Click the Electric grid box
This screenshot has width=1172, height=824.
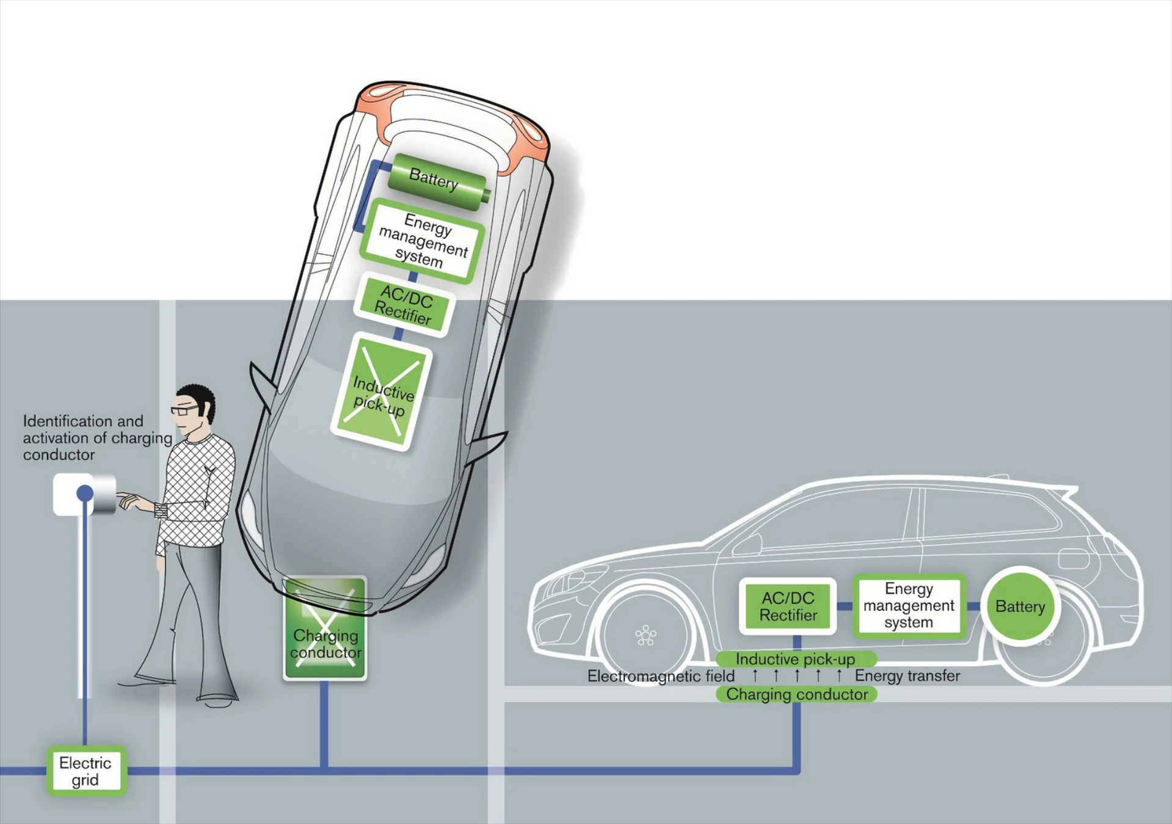(x=86, y=771)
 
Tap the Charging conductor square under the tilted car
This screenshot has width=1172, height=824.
(x=325, y=629)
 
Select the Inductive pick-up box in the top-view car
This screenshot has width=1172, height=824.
(x=382, y=392)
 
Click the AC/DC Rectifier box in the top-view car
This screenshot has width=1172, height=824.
(x=404, y=304)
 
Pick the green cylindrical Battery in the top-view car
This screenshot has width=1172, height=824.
(x=437, y=181)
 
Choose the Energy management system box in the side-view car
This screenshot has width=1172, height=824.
(x=908, y=605)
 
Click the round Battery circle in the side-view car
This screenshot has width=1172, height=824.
(x=1020, y=606)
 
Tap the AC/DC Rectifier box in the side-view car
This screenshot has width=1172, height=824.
(x=788, y=606)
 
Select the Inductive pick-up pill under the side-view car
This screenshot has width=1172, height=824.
(x=795, y=659)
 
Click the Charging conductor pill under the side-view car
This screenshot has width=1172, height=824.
(x=796, y=695)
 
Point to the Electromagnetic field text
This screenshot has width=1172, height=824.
(x=661, y=676)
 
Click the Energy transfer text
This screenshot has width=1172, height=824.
(x=907, y=676)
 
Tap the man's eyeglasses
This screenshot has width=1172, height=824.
(x=184, y=410)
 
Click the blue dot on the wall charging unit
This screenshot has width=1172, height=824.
(x=85, y=493)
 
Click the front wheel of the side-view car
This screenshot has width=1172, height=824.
(x=646, y=635)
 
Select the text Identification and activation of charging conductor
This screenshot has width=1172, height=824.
(x=96, y=437)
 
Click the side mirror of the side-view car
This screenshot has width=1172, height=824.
(x=749, y=543)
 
